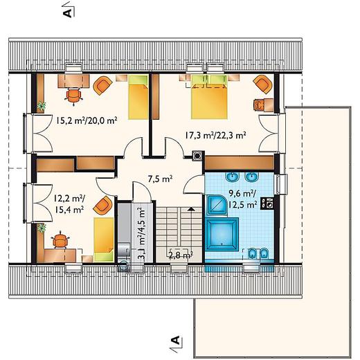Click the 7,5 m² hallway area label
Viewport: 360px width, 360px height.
(x=161, y=179)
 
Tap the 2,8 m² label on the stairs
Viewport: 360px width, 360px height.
(x=181, y=255)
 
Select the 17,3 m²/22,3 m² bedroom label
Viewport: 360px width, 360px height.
(x=215, y=135)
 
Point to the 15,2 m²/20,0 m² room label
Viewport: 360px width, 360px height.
(x=87, y=120)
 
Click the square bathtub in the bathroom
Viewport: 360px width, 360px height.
(x=222, y=234)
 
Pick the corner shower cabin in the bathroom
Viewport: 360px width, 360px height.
(x=217, y=205)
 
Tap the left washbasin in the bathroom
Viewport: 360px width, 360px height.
(x=232, y=177)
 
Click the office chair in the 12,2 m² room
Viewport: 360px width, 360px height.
(x=61, y=240)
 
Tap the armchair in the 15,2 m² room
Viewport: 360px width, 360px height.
(x=102, y=85)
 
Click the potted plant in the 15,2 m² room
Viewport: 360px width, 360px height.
(x=42, y=106)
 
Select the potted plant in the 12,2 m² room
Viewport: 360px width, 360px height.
(x=42, y=228)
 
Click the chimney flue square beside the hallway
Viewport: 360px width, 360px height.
(x=197, y=156)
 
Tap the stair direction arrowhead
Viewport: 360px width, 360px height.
(x=190, y=209)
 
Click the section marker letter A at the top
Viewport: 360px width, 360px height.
(x=67, y=13)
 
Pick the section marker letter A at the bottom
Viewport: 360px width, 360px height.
(x=175, y=340)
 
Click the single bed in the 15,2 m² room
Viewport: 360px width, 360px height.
(x=138, y=97)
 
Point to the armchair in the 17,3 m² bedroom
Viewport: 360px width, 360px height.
(x=262, y=84)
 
